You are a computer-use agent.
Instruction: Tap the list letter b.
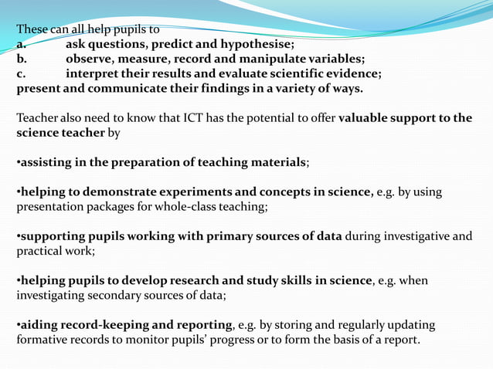[22, 59]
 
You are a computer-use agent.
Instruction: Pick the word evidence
[350, 74]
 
